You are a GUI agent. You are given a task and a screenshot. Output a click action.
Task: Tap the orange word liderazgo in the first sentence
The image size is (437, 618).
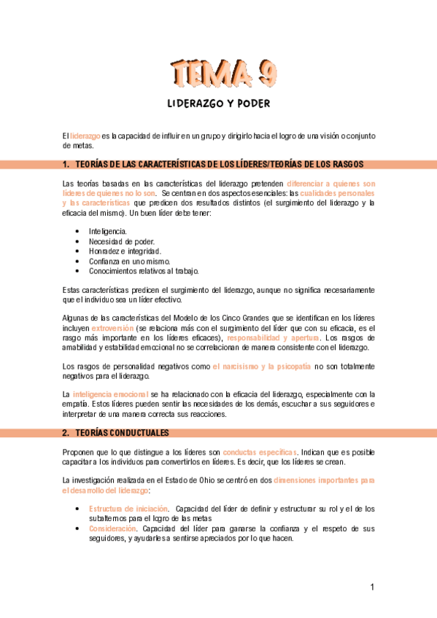(85, 136)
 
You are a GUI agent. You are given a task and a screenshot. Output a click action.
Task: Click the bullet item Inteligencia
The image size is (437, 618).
(107, 231)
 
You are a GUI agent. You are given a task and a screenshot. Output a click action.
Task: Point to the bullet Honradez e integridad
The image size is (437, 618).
(125, 251)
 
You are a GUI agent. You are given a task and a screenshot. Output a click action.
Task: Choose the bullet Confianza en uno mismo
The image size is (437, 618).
(129, 261)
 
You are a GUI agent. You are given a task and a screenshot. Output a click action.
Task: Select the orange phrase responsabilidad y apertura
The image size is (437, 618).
(273, 338)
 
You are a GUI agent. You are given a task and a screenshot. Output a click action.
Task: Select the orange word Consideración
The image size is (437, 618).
(113, 528)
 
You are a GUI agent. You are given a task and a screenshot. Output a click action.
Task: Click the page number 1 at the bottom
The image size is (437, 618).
(372, 587)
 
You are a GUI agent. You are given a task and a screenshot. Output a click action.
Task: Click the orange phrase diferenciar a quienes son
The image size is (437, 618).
(331, 183)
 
